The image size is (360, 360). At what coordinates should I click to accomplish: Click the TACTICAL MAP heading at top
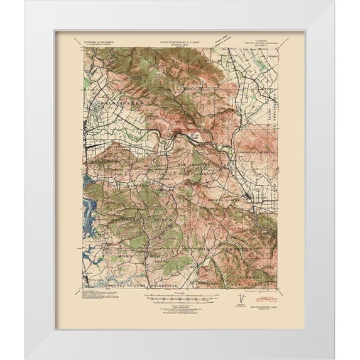180,46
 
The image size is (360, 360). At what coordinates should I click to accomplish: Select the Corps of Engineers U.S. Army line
180,41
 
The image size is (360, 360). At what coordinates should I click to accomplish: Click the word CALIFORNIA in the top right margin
259,40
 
